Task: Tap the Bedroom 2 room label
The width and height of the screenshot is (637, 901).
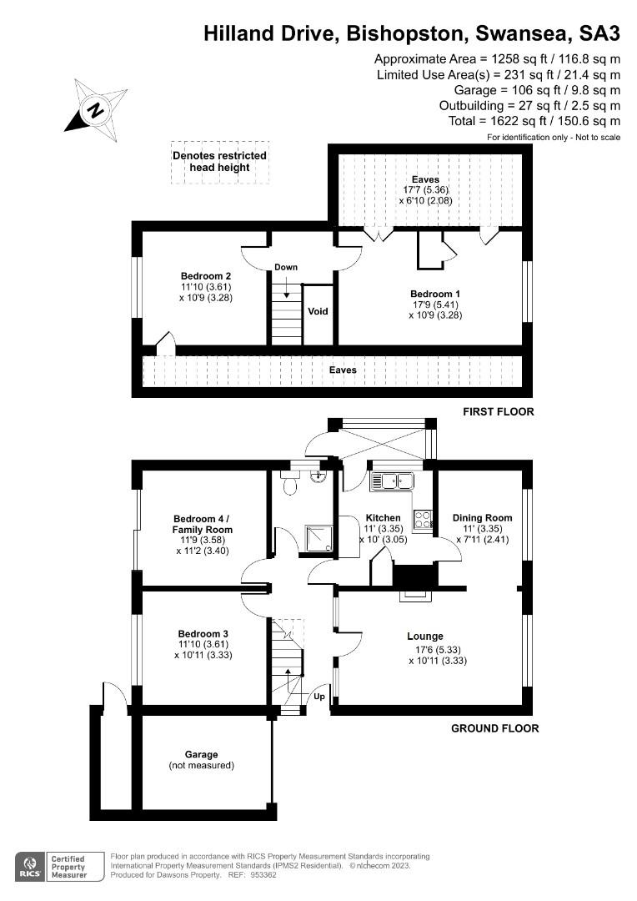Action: (205, 276)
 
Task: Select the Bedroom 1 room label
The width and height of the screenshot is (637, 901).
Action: (434, 294)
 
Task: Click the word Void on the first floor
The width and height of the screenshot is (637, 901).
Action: (318, 311)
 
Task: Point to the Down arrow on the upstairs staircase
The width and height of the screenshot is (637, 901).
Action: (286, 288)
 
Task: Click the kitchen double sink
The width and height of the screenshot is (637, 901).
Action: (393, 481)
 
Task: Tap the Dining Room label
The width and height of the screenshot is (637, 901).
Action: (482, 517)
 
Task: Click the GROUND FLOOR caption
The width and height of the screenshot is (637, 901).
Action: (494, 728)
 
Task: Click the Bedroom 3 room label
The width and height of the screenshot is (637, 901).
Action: (201, 633)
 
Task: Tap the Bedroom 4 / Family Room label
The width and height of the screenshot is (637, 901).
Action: (202, 523)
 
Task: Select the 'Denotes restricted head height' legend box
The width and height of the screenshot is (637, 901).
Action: (219, 161)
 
